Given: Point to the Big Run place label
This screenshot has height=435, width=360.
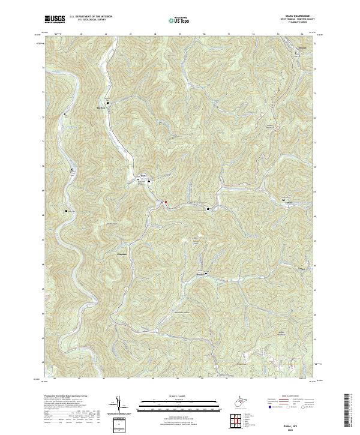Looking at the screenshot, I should click(x=101, y=109).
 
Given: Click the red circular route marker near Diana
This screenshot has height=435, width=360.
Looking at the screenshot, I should click(x=165, y=202).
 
